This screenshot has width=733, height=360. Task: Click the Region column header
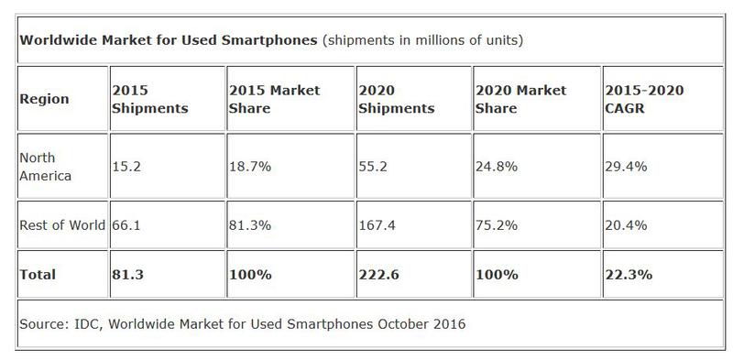44,100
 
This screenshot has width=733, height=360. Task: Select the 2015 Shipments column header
149,100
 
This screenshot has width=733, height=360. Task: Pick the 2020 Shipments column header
396,100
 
